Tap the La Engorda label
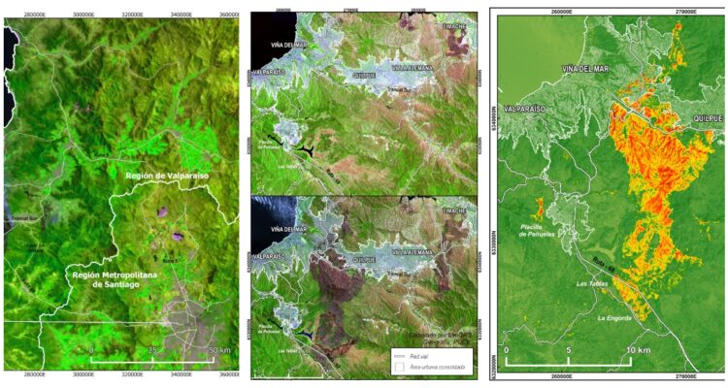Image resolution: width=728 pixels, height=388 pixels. tap(615, 317)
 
